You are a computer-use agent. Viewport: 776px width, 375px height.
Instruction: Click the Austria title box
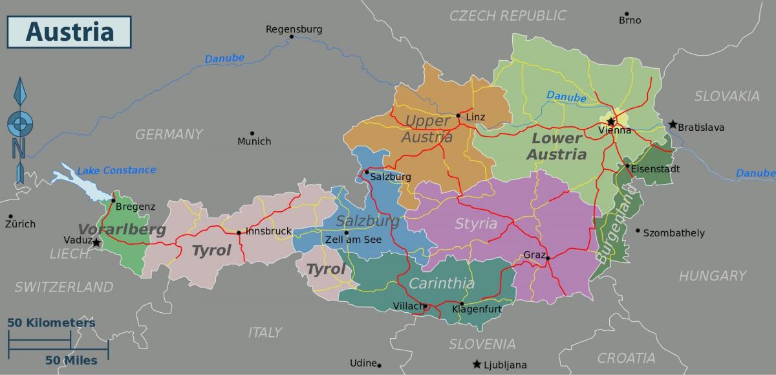click(69, 31)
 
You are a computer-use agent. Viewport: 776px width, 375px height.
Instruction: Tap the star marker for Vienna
click(610, 121)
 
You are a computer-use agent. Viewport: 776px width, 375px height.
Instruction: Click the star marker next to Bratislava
click(673, 124)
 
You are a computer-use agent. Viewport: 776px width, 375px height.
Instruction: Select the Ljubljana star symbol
click(477, 364)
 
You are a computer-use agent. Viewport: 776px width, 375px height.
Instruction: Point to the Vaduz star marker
click(96, 243)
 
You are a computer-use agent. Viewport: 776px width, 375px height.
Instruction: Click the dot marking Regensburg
click(292, 37)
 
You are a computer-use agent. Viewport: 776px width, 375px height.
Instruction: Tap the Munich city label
click(254, 141)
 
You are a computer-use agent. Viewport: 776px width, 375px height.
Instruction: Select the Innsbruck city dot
click(239, 233)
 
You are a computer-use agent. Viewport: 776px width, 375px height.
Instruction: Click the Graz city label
click(534, 255)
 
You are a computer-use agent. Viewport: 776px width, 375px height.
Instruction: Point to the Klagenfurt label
click(477, 310)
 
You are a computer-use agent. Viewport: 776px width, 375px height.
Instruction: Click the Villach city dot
click(426, 306)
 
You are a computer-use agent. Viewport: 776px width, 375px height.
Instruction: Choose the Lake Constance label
click(116, 170)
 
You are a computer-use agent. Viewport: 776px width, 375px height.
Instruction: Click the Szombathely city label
click(674, 233)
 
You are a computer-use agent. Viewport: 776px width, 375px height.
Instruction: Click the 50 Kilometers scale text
click(51, 323)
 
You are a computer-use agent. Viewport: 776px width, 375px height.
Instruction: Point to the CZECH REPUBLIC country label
click(508, 16)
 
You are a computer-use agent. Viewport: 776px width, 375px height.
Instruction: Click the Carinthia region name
click(442, 284)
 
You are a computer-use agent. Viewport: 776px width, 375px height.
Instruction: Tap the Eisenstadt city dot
click(627, 166)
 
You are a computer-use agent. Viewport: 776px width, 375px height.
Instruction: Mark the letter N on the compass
click(19, 148)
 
